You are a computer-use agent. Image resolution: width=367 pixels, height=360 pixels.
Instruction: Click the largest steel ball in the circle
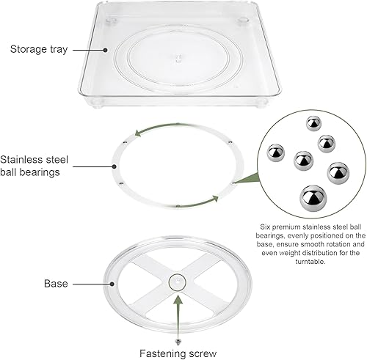click(312, 196)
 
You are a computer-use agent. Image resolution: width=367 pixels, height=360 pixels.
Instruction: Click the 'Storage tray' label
click(40, 50)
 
